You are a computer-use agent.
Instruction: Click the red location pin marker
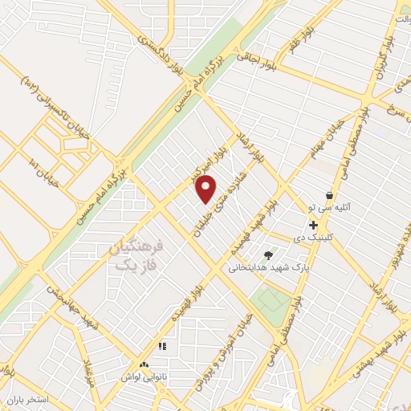pyautogui.click(x=206, y=189)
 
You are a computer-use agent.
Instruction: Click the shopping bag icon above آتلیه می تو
pyautogui.click(x=329, y=195)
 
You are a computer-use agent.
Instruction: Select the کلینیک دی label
pyautogui.click(x=312, y=238)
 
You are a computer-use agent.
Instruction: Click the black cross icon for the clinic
pyautogui.click(x=313, y=226)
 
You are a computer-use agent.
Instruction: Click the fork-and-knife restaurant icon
pyautogui.click(x=162, y=347)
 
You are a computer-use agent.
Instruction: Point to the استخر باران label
pyautogui.click(x=28, y=399)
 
